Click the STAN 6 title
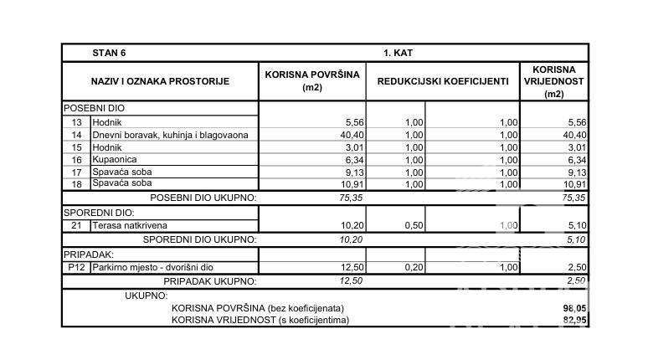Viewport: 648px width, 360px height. [109, 53]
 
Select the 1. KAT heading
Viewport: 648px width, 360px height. [398, 53]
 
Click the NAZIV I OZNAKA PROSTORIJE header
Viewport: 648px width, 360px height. [159, 81]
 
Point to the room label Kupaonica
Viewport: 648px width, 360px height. [114, 158]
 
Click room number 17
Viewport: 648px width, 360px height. [76, 171]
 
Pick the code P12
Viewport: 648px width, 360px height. [76, 266]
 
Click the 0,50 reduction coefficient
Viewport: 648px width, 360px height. [410, 225]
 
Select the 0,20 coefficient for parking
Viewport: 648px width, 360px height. [410, 266]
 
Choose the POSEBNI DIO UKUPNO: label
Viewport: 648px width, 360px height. [203, 198]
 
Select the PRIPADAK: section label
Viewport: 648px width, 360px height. [89, 253]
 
